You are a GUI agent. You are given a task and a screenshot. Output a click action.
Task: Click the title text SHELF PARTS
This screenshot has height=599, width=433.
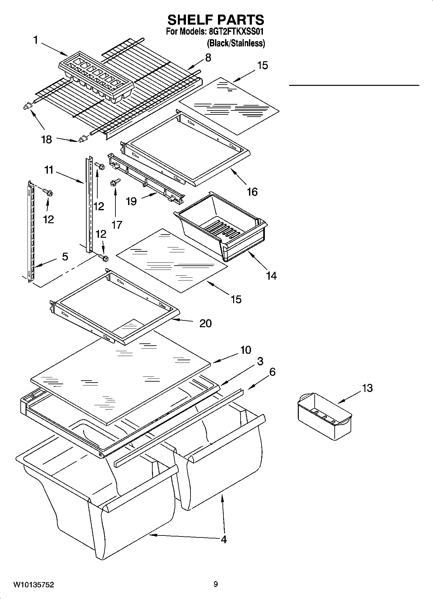point(215,20)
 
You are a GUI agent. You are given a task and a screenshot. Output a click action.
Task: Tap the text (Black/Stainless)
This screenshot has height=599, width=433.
point(236,43)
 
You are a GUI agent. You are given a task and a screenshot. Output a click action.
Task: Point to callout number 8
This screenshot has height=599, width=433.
point(208,58)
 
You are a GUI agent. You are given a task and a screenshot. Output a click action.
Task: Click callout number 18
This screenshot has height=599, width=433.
point(46,140)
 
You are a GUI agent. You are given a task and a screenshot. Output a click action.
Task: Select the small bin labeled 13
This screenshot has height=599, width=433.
point(324,416)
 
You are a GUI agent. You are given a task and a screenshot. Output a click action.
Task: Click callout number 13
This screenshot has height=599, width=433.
point(367,388)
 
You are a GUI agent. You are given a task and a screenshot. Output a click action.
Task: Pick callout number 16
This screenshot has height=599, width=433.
point(252,192)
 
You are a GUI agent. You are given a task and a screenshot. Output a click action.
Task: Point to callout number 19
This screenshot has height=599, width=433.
point(131,202)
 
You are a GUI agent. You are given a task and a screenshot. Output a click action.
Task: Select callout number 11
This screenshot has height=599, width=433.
point(49,170)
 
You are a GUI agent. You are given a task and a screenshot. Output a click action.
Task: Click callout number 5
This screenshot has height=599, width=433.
point(65,257)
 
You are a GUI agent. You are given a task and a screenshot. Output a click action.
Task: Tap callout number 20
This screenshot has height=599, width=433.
point(205,323)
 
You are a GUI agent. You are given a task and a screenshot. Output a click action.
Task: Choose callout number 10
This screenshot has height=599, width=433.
point(245,350)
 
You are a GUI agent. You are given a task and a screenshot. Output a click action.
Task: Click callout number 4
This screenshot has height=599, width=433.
point(223,539)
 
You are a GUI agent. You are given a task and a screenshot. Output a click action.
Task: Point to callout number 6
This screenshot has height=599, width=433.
point(272,372)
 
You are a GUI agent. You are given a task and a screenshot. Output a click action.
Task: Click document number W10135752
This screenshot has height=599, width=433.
point(34,585)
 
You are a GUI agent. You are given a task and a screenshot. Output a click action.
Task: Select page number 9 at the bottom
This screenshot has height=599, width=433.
point(216,584)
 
